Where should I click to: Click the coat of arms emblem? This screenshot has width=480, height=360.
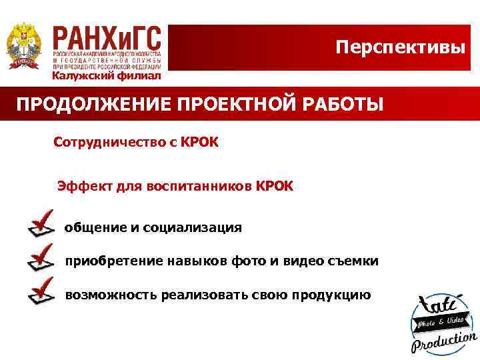click(24, 45)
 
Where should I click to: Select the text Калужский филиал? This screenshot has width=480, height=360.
click(107, 75)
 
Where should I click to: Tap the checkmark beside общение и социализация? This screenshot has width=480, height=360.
click(41, 223)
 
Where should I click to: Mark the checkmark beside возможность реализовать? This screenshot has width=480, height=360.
click(41, 291)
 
